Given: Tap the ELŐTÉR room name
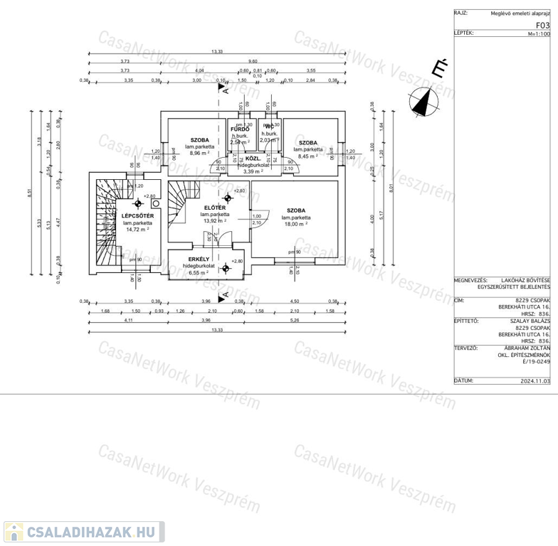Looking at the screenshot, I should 214,207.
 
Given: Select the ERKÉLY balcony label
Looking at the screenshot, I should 198,259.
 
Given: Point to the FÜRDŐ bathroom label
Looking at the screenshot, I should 240,129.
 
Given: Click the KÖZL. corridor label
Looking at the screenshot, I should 253,159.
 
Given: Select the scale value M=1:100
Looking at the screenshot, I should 539,33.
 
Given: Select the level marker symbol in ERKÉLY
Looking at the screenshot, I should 226,268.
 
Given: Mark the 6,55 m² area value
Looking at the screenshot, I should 197,272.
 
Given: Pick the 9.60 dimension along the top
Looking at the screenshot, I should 253,61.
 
